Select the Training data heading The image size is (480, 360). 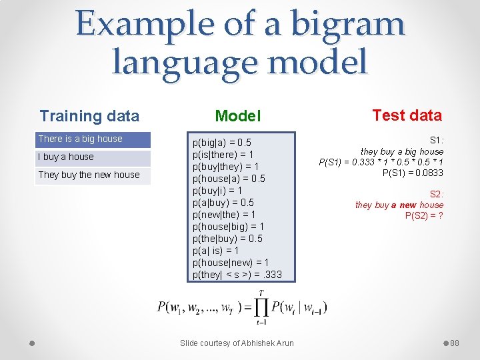click(89, 116)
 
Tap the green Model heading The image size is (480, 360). click(238, 117)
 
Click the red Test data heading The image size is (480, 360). click(407, 115)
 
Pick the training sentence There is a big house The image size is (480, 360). click(81, 139)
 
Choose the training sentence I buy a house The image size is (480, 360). click(66, 157)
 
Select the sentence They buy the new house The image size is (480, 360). click(89, 175)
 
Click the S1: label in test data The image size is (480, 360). click(436, 141)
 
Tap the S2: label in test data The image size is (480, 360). click(436, 194)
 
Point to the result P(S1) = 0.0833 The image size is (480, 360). click(413, 173)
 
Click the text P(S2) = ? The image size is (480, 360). click(424, 215)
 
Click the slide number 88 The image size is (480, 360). click(455, 343)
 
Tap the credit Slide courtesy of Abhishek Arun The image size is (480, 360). click(237, 343)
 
